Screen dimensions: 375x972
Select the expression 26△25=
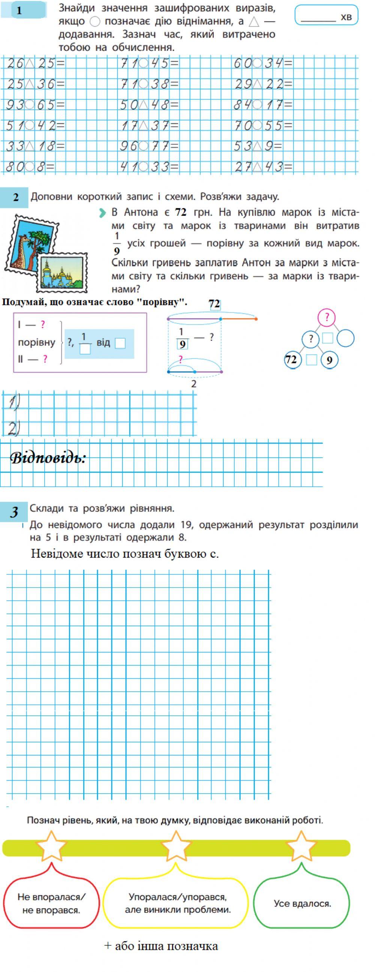coord(36,63)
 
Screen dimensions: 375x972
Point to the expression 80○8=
coord(30,166)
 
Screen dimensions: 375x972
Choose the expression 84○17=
coord(263,105)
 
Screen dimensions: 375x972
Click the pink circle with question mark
coord(327,317)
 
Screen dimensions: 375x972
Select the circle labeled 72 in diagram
coord(291,359)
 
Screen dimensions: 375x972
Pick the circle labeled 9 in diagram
coord(329,360)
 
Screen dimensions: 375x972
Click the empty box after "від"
coord(120,343)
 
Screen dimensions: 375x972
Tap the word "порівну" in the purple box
coord(37,342)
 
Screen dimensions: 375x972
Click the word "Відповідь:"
coord(48,458)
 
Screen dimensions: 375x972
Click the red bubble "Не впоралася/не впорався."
coord(51,903)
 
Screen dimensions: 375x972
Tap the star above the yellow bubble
coord(176,846)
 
